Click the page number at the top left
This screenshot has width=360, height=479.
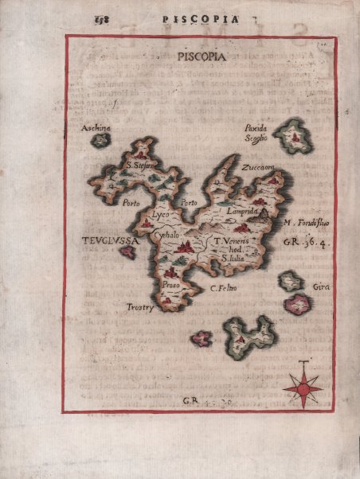tap(100, 17)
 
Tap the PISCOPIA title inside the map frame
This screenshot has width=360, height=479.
tap(199, 56)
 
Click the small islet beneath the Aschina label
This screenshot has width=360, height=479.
tap(100, 141)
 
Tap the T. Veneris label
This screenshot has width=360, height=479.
tap(231, 240)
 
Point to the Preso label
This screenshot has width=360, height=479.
tap(170, 284)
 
